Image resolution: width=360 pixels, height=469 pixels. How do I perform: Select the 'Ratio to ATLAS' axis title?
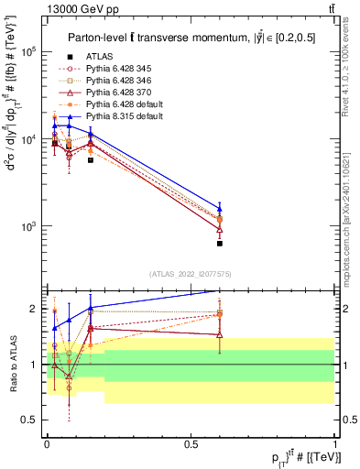click(12, 365)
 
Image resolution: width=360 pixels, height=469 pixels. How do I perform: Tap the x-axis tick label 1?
click(335, 443)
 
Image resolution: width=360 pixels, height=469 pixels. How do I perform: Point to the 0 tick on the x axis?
click(47, 443)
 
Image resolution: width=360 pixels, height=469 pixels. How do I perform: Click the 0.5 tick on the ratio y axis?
click(32, 420)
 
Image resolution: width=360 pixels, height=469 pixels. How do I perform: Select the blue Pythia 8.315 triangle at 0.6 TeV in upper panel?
click(220, 208)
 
